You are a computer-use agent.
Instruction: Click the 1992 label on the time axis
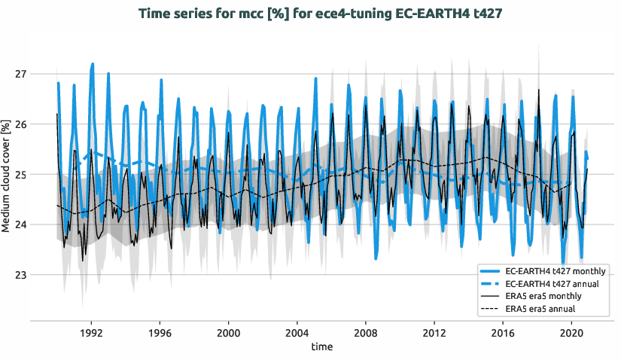coord(91,332)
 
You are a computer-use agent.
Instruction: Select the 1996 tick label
coord(160,332)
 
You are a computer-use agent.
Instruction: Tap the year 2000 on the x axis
coord(228,332)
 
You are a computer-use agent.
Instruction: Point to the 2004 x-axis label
coord(297,332)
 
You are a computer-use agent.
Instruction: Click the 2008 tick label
coord(366,332)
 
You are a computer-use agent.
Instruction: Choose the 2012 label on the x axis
coord(434,332)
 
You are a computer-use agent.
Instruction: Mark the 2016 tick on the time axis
coord(503,332)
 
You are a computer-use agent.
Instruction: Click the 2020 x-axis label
coord(571,332)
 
